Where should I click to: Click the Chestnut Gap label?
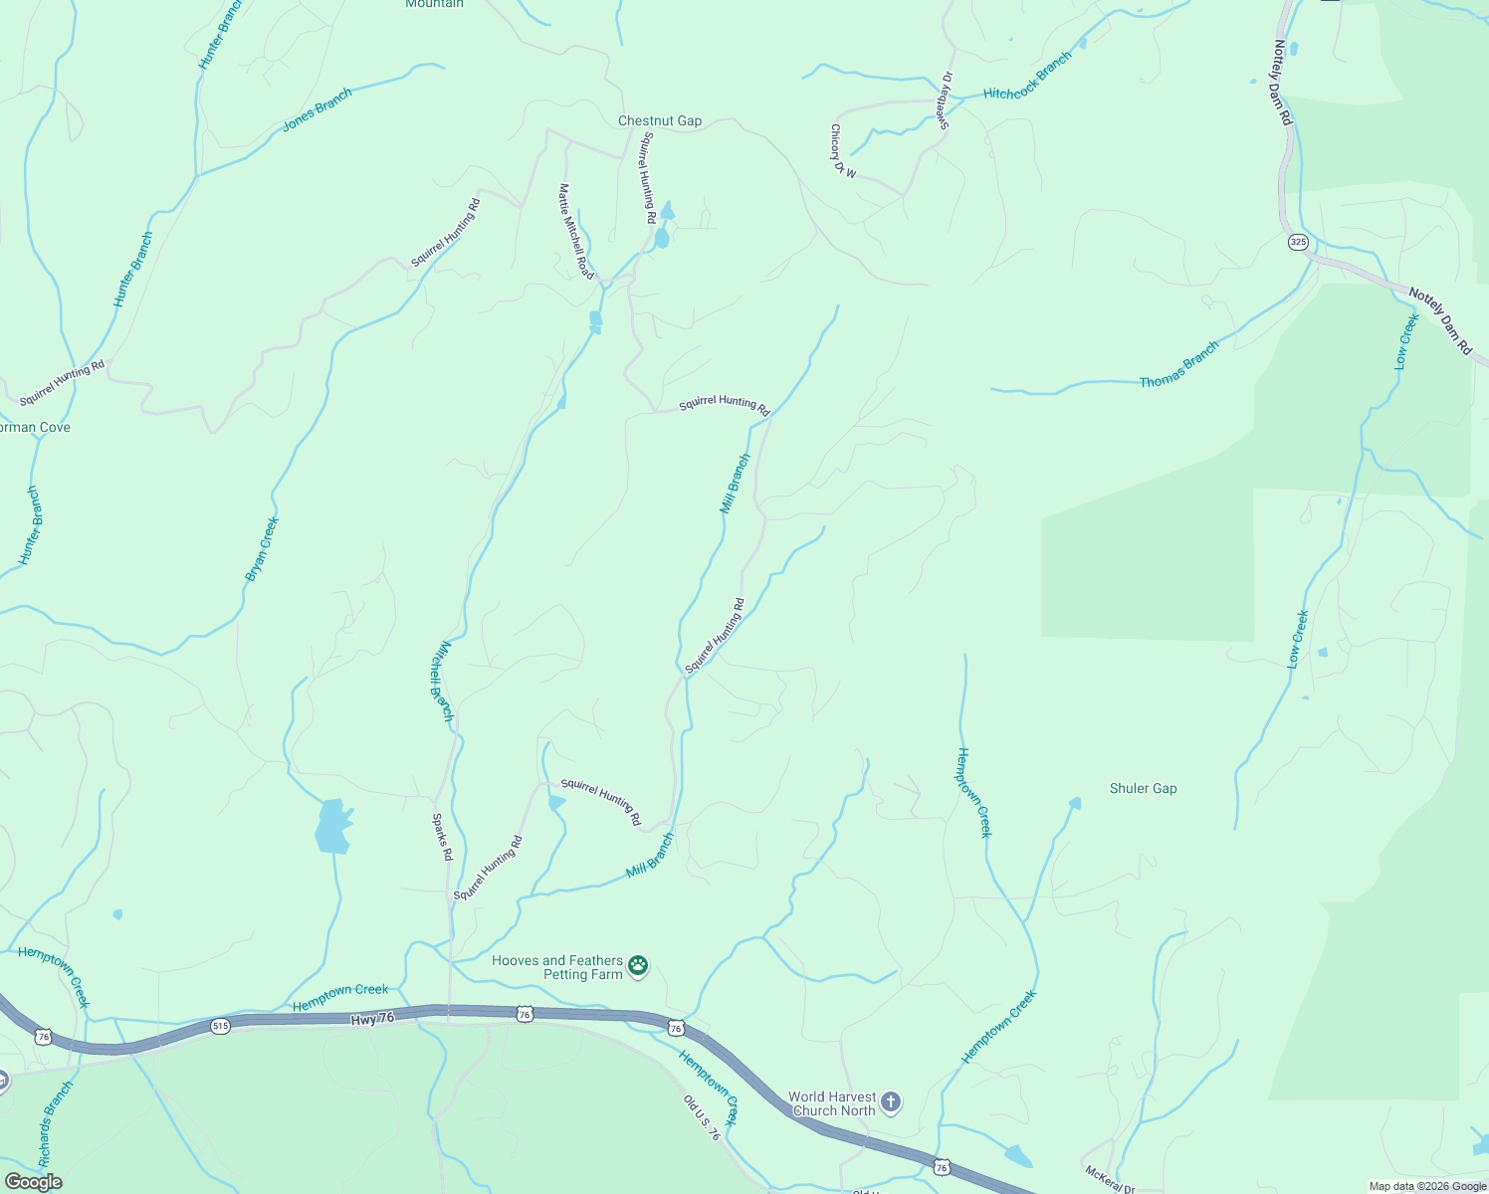click(x=660, y=120)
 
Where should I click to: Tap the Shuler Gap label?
click(x=1143, y=788)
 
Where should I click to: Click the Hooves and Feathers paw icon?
click(x=638, y=966)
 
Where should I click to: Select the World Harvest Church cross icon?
click(x=890, y=1102)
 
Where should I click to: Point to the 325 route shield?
click(x=1298, y=242)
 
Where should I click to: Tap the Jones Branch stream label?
click(x=318, y=109)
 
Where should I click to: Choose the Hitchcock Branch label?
click(x=1027, y=76)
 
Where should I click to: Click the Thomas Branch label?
click(x=1178, y=365)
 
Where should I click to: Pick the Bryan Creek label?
click(x=262, y=548)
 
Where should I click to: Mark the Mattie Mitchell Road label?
click(x=575, y=232)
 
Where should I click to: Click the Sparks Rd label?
click(x=442, y=837)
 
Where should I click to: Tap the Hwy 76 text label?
click(x=372, y=1018)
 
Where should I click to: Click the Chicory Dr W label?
click(x=843, y=151)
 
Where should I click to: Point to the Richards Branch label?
click(x=56, y=1124)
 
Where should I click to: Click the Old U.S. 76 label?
click(x=701, y=1117)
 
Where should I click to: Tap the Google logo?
click(x=33, y=1182)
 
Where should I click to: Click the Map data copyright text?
click(x=1426, y=1186)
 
